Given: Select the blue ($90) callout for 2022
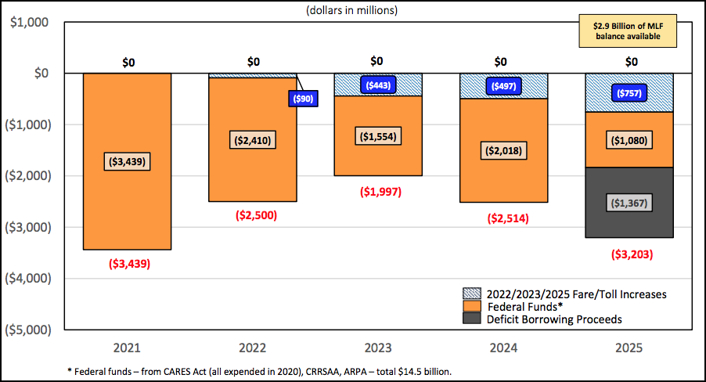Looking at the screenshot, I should coord(303,99).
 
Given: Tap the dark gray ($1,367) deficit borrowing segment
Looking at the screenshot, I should coord(630,202).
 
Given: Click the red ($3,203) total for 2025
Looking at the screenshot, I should coord(630,254).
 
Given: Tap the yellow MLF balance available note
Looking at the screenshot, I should coord(626,31).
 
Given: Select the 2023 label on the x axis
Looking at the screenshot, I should coord(377,344).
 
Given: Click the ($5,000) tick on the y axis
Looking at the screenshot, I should coord(28,329).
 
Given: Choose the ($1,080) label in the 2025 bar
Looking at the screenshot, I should coord(630,141).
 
